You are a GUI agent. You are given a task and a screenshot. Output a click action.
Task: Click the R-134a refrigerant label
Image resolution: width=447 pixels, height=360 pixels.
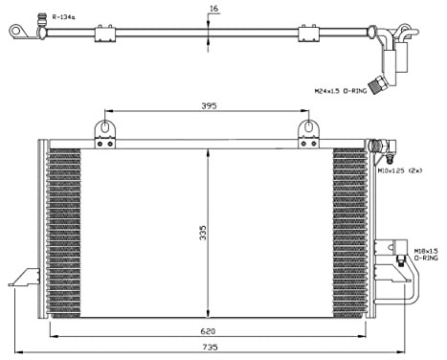tap(64, 16)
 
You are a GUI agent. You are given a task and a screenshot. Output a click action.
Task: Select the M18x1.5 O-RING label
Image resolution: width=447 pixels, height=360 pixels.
tap(425, 255)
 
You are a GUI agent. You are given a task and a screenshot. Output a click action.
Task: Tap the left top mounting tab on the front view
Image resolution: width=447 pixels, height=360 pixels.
tap(104, 131)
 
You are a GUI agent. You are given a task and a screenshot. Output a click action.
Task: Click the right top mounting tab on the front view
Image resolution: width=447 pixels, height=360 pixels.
tap(308, 131)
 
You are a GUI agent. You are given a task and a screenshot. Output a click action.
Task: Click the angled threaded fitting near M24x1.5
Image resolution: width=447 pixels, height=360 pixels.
tap(382, 80)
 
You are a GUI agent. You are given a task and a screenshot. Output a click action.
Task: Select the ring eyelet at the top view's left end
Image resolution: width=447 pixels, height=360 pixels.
tap(17, 33)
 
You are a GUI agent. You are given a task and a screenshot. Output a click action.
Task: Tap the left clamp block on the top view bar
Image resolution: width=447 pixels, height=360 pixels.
tap(104, 34)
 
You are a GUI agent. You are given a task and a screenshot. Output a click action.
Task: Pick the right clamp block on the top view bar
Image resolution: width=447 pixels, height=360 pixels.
tap(308, 34)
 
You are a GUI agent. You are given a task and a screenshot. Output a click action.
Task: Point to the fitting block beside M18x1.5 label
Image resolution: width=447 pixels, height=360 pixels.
tap(392, 255)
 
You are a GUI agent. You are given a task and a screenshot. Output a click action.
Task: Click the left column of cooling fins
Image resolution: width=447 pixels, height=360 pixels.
tap(65, 230)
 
